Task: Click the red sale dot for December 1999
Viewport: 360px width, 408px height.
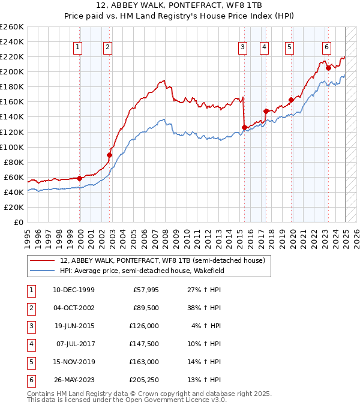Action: [80, 178]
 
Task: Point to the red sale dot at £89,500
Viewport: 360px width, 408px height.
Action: [109, 155]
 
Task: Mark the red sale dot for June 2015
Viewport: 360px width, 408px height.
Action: [244, 127]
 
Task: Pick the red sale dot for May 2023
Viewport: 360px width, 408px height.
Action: [328, 68]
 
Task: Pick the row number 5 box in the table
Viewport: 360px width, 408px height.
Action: [30, 362]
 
